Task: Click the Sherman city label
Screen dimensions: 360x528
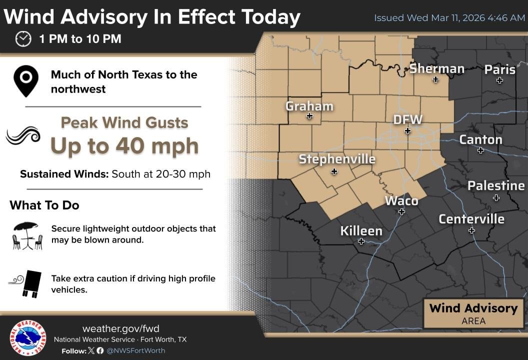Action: point(436,68)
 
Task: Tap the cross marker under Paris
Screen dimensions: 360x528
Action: point(499,80)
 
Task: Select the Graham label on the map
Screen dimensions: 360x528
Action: point(309,106)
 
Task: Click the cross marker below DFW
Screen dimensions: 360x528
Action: point(407,131)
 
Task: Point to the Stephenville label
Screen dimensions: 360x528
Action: point(336,159)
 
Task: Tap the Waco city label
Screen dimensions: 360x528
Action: point(401,200)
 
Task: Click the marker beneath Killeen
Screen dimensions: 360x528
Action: point(361,241)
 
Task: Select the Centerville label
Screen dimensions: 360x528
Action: point(471,219)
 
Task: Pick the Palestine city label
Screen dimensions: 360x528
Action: point(495,186)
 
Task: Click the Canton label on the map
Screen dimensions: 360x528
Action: point(480,139)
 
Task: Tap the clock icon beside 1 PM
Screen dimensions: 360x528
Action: point(23,39)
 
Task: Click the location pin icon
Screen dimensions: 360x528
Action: point(26,80)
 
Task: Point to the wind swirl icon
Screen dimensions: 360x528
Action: point(23,135)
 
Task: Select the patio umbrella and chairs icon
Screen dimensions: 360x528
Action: point(27,235)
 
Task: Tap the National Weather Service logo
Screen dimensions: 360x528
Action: point(28,338)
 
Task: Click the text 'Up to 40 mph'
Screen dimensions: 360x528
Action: point(124,145)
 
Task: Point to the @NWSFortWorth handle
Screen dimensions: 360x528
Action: point(135,350)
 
